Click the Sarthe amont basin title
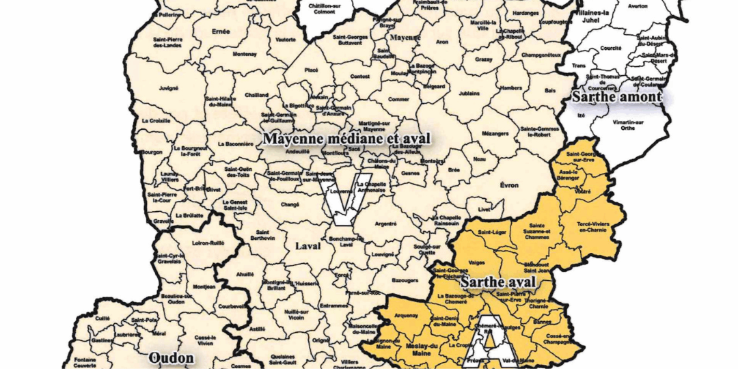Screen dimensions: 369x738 click(616, 97)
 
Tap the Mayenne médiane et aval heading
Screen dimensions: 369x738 click(347, 139)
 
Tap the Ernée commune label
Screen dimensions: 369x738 click(221, 31)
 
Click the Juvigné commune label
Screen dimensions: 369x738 click(169, 88)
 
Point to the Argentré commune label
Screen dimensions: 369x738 click(386, 223)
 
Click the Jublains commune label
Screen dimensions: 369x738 click(468, 94)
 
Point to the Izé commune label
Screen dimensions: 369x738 click(582, 115)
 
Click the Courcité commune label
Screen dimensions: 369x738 click(610, 49)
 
